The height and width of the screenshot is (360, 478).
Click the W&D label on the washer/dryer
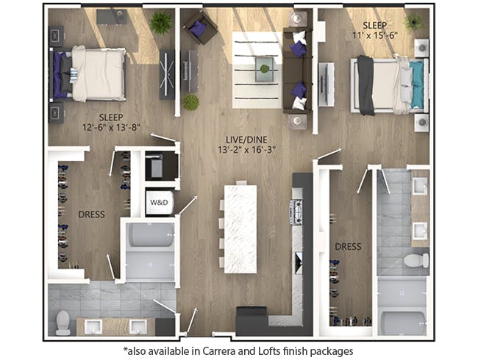tap(159, 202)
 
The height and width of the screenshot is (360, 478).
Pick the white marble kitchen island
tap(240, 228)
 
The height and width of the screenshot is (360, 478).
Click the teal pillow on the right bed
tap(417, 84)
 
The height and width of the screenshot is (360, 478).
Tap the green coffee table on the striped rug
tap(263, 70)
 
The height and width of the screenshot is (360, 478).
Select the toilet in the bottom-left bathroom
tap(63, 322)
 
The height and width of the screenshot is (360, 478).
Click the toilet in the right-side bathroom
tap(416, 260)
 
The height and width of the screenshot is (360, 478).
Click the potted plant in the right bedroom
tap(413, 22)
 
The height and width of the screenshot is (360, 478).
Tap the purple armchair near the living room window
tap(199, 29)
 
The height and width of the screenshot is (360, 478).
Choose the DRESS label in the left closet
tap(91, 215)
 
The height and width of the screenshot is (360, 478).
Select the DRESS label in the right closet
tap(348, 247)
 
